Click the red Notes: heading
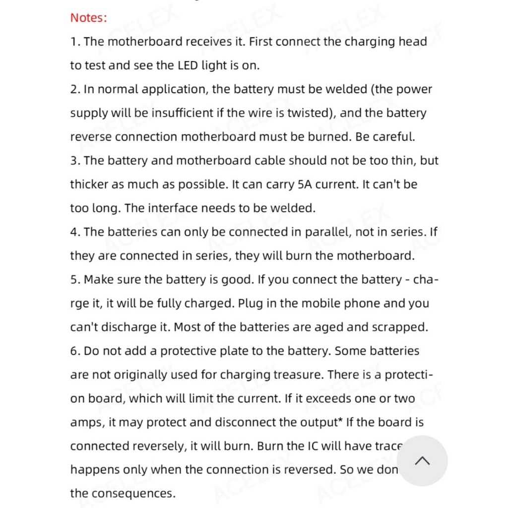click(x=88, y=18)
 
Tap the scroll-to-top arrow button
click(x=422, y=461)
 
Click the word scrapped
click(x=400, y=327)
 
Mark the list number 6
click(x=75, y=351)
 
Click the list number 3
click(x=75, y=161)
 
